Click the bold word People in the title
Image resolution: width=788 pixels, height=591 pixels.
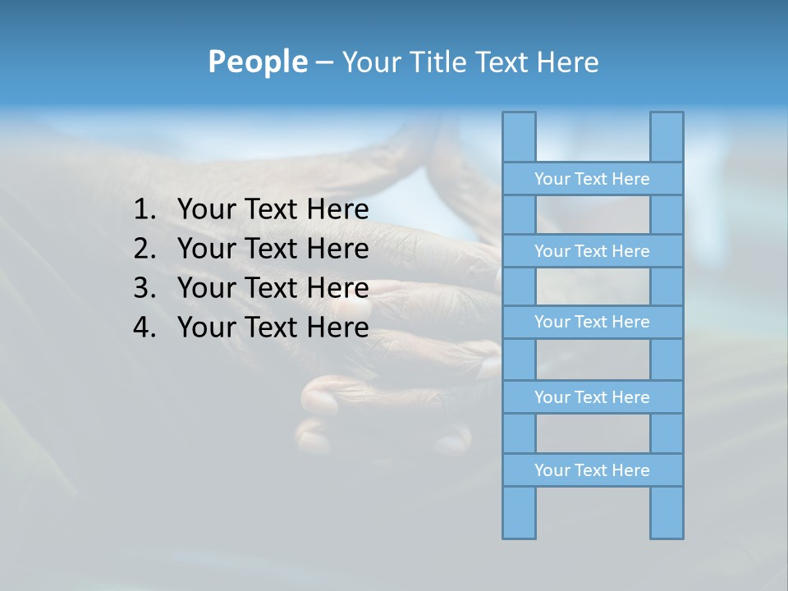click(x=257, y=62)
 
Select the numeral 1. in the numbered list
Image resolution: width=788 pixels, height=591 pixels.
click(x=144, y=210)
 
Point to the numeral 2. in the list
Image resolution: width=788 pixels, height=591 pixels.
click(x=144, y=249)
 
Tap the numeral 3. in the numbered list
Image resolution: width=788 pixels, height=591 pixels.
click(x=144, y=288)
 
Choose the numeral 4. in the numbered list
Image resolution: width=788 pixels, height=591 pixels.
click(x=144, y=328)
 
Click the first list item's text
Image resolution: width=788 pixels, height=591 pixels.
click(x=273, y=210)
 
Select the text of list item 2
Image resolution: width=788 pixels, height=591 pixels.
click(x=273, y=249)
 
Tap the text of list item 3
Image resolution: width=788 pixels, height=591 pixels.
click(x=273, y=288)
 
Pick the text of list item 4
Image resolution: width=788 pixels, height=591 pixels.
click(x=273, y=328)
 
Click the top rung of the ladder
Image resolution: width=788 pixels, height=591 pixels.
click(x=592, y=179)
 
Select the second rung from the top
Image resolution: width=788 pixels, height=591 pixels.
click(x=592, y=251)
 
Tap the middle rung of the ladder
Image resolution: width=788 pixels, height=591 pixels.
click(x=592, y=322)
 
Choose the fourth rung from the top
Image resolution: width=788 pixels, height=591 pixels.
click(x=592, y=397)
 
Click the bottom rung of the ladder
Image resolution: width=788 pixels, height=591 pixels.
click(x=592, y=470)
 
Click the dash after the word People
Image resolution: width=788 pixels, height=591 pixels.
click(x=323, y=62)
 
